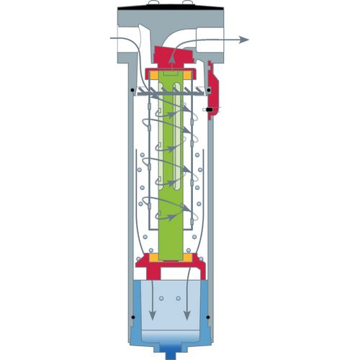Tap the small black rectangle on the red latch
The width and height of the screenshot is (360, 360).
(x=207, y=109)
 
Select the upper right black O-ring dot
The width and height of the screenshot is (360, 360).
(x=209, y=90)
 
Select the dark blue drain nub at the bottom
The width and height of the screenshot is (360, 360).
(x=172, y=354)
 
